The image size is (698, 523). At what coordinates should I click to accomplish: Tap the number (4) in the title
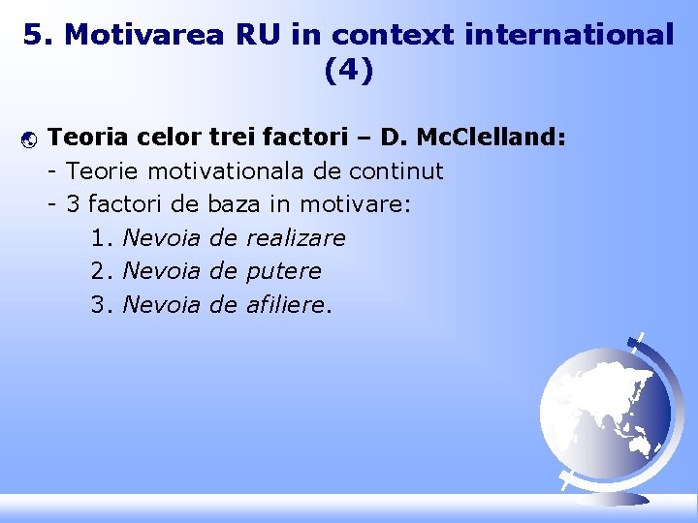[x=348, y=71]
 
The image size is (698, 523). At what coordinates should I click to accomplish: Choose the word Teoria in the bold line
[x=84, y=138]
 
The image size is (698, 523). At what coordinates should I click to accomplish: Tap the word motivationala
[x=233, y=171]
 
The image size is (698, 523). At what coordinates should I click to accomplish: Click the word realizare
[x=296, y=238]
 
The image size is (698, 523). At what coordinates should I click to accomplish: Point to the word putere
[x=284, y=271]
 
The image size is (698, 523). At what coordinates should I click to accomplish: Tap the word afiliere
[x=286, y=305]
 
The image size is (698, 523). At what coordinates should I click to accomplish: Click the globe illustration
[x=606, y=407]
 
